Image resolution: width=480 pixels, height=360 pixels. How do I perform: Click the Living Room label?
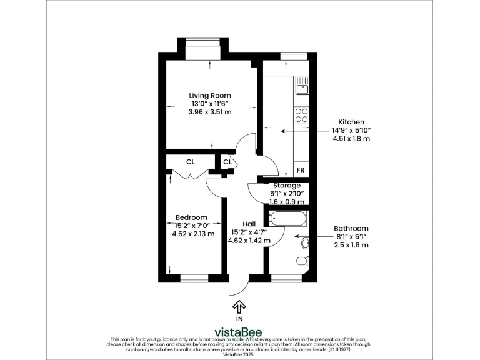[x=210, y=95]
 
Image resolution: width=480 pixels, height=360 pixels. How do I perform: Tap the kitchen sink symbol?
[x=302, y=88]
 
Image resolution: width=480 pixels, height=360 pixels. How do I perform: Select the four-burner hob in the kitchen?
[x=302, y=114]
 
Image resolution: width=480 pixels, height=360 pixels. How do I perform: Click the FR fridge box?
[x=301, y=170]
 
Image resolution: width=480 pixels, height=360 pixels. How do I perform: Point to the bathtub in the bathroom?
[x=288, y=219]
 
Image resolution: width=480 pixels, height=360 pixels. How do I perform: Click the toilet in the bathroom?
[x=302, y=260]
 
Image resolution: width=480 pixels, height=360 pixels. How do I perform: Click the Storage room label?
[x=287, y=186]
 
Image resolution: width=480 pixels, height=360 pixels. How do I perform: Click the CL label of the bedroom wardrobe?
[x=190, y=162]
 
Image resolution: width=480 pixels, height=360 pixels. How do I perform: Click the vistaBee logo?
[x=239, y=332]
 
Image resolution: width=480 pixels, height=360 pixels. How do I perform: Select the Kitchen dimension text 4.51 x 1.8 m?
[x=351, y=139]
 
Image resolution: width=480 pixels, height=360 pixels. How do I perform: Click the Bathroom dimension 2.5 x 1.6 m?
[x=351, y=245]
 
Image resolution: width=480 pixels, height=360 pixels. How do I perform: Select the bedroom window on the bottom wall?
[x=194, y=277]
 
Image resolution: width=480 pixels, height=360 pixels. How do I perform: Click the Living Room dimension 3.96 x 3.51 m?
[x=210, y=112]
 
